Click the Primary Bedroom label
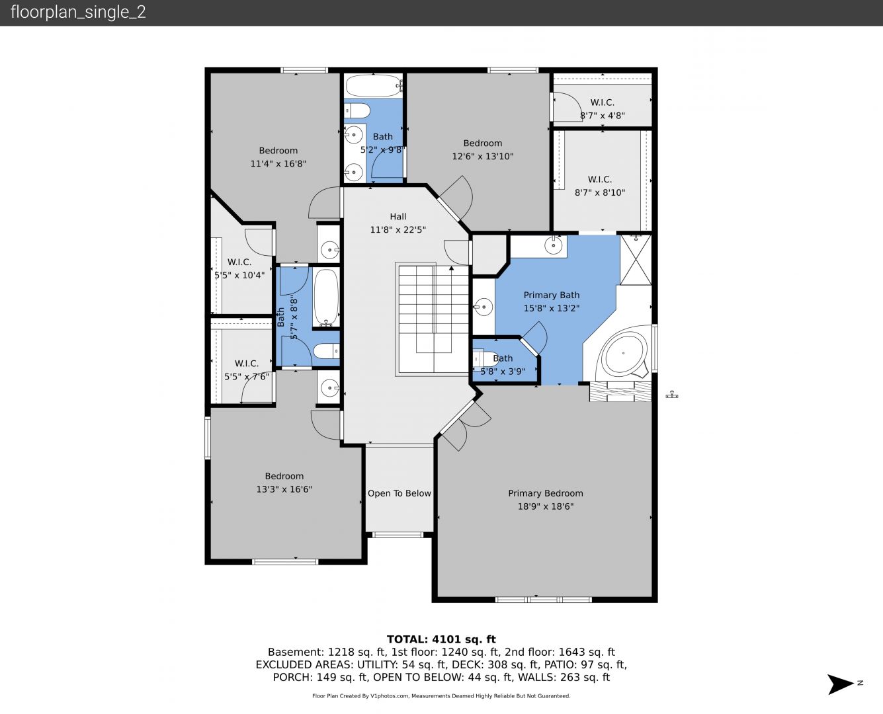click(x=546, y=493)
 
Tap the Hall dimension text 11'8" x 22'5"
click(x=398, y=229)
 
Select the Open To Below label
click(x=399, y=493)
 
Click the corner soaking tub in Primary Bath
click(x=624, y=354)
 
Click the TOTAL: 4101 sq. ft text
click(x=441, y=639)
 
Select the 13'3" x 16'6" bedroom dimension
click(x=284, y=489)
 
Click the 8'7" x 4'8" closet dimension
click(x=602, y=116)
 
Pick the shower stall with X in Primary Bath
click(x=636, y=260)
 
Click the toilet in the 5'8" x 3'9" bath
click(x=485, y=359)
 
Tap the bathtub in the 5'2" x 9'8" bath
click(x=374, y=86)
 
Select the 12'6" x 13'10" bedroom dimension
click(x=483, y=156)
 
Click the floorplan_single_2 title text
click(x=78, y=12)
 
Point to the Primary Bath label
click(x=552, y=295)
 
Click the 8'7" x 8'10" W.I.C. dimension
click(x=600, y=192)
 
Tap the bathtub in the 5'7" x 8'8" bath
click(x=326, y=297)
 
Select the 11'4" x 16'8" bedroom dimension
click(x=278, y=164)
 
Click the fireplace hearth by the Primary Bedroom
click(x=620, y=391)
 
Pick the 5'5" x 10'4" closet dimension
click(x=239, y=275)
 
